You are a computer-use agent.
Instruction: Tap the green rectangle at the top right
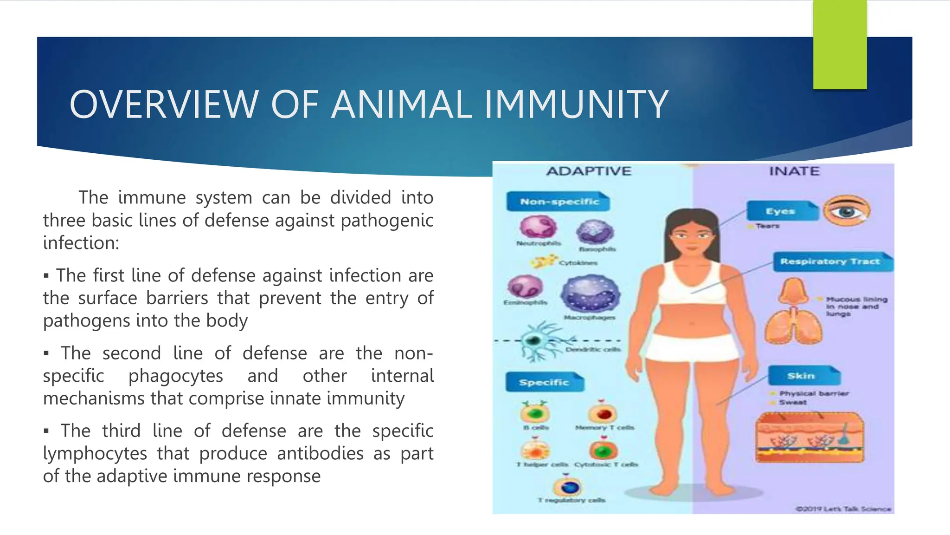coord(840,45)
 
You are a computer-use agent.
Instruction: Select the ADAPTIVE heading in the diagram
coord(589,171)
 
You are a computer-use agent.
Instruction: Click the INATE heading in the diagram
coord(794,171)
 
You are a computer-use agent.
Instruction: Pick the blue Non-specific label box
coord(558,202)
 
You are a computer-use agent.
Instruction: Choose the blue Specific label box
coord(544,382)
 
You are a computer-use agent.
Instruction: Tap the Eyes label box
coord(781,211)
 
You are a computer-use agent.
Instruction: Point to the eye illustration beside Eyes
coord(847,211)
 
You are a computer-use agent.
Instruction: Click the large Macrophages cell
coord(590,294)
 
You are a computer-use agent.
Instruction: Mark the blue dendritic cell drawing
coord(537,342)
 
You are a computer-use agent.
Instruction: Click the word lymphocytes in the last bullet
coord(95,454)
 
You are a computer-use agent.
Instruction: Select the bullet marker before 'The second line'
coord(46,354)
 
